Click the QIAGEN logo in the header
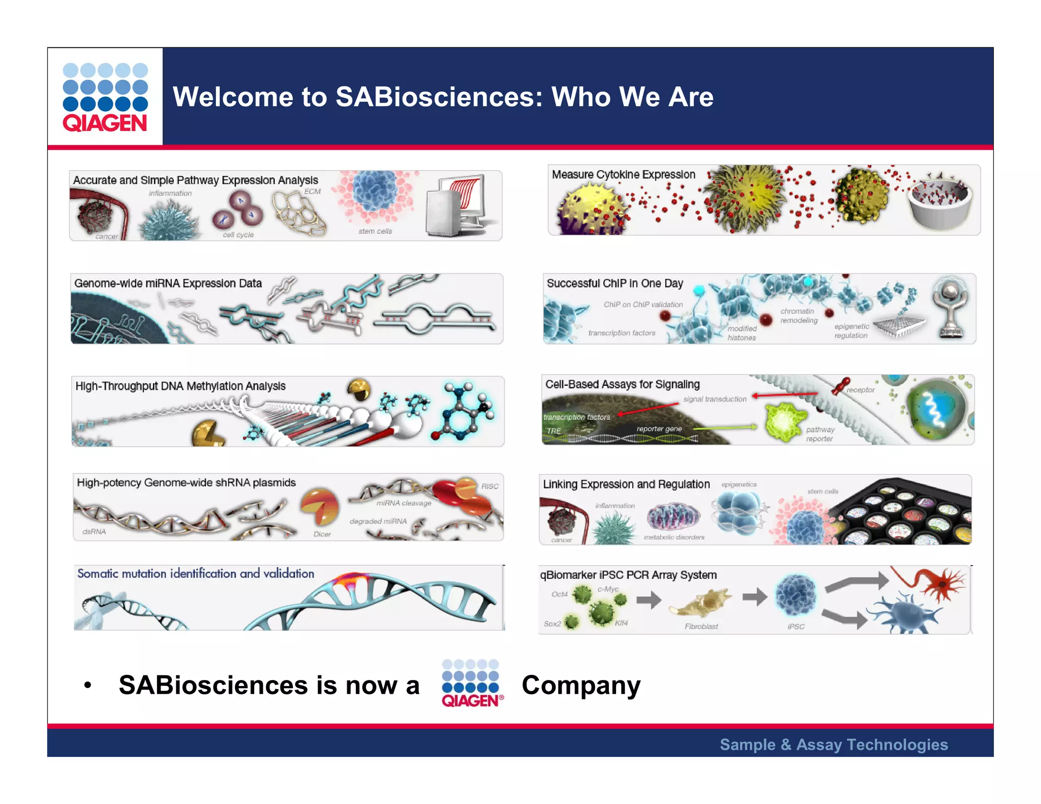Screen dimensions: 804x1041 click(x=105, y=97)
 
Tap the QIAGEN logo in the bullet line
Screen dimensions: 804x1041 click(x=472, y=684)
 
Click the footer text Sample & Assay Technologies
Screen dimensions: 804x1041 click(x=834, y=745)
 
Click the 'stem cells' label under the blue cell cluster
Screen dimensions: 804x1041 click(x=375, y=231)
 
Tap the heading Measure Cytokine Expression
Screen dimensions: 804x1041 click(x=623, y=175)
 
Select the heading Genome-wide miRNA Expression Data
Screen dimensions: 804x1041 click(x=168, y=284)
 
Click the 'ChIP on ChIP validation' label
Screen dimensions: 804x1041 click(x=643, y=304)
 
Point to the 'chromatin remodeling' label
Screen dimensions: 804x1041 click(x=799, y=316)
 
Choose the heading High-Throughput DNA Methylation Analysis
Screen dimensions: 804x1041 click(x=180, y=386)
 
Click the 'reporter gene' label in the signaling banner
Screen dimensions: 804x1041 click(x=659, y=429)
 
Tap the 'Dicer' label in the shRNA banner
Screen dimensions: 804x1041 click(x=322, y=534)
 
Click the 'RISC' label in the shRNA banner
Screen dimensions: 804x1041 click(x=489, y=486)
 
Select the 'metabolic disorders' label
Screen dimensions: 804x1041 click(x=674, y=537)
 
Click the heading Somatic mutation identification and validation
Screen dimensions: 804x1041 click(x=196, y=574)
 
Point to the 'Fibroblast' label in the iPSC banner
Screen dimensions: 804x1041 click(x=701, y=627)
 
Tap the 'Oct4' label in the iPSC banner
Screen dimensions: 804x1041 click(x=559, y=594)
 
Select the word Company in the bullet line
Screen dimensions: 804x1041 click(x=581, y=685)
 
